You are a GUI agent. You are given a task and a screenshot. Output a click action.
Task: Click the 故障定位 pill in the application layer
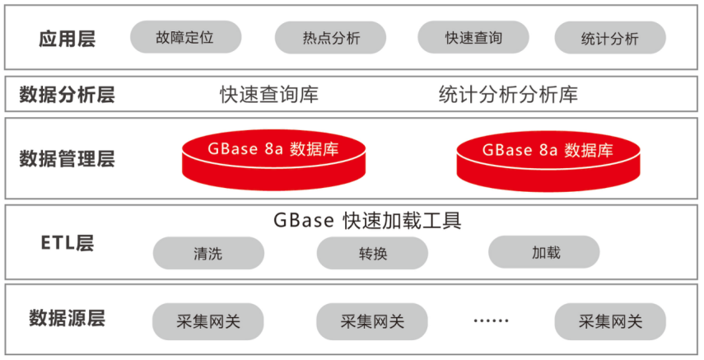pyautogui.click(x=185, y=37)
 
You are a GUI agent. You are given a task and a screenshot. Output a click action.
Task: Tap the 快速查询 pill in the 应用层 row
pyautogui.click(x=473, y=37)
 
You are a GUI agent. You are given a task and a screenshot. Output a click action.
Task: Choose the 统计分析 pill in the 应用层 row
pyautogui.click(x=610, y=38)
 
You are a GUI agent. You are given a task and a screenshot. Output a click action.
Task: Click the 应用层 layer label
pyautogui.click(x=67, y=39)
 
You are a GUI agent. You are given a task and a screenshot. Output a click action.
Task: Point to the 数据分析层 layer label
pyautogui.click(x=67, y=95)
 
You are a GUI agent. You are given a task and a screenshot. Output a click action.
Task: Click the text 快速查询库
pyautogui.click(x=268, y=95)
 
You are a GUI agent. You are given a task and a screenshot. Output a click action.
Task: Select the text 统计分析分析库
pyautogui.click(x=508, y=95)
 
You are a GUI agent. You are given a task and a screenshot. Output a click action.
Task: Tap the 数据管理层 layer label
pyautogui.click(x=67, y=158)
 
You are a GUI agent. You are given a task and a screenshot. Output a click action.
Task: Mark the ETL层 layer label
pyautogui.click(x=67, y=242)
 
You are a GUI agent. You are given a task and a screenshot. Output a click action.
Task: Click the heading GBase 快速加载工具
pyautogui.click(x=367, y=221)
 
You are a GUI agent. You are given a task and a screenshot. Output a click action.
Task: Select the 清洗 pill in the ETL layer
pyautogui.click(x=208, y=253)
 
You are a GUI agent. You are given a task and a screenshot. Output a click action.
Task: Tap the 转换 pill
pyautogui.click(x=372, y=253)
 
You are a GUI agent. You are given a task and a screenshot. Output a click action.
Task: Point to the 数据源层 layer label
pyautogui.click(x=67, y=317)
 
